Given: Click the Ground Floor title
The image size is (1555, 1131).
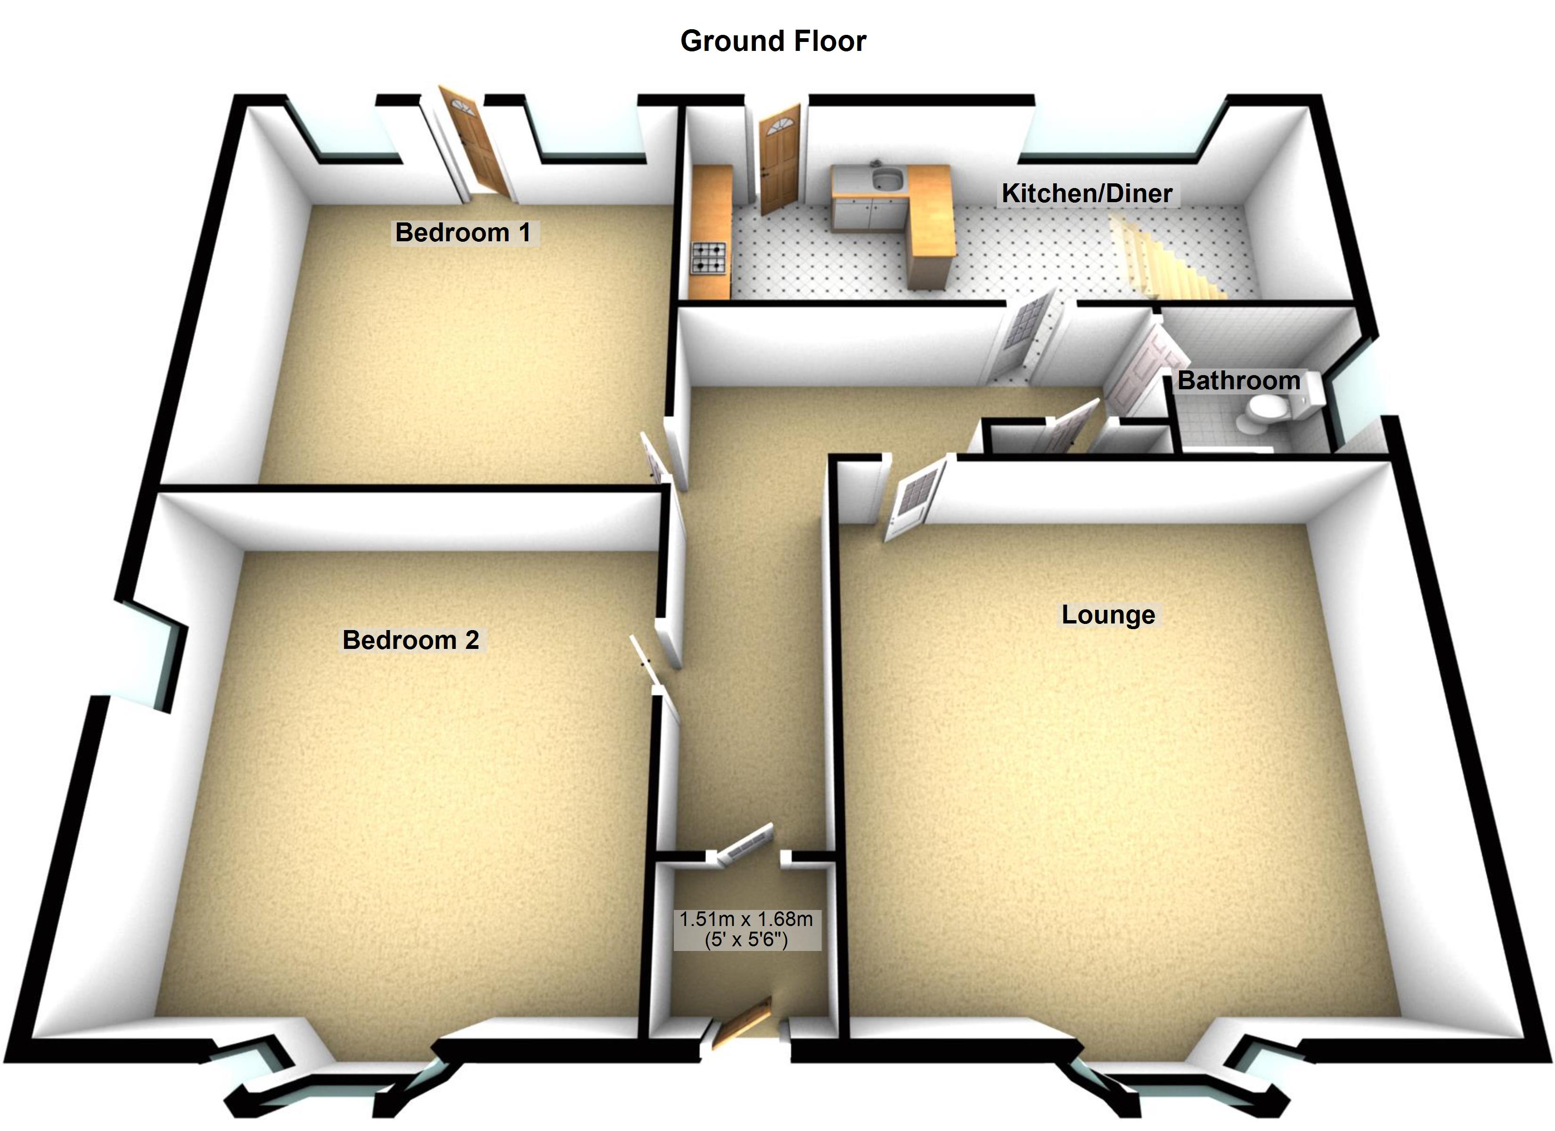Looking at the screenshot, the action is pos(773,41).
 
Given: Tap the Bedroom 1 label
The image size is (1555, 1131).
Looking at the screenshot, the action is pos(463,232).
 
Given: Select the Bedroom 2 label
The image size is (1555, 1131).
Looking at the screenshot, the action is pos(411,640).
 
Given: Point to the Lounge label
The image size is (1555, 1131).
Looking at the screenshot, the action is pos(1108,615).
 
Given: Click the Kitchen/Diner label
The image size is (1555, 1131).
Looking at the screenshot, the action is pos(1087,193).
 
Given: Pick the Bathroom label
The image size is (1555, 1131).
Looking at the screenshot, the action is pos(1238,381).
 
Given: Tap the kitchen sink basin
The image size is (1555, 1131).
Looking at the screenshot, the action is pos(887,179).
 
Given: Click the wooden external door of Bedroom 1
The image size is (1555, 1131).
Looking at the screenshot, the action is pos(473,144).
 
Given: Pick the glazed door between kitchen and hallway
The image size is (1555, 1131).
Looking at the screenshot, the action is pos(1023,328).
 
